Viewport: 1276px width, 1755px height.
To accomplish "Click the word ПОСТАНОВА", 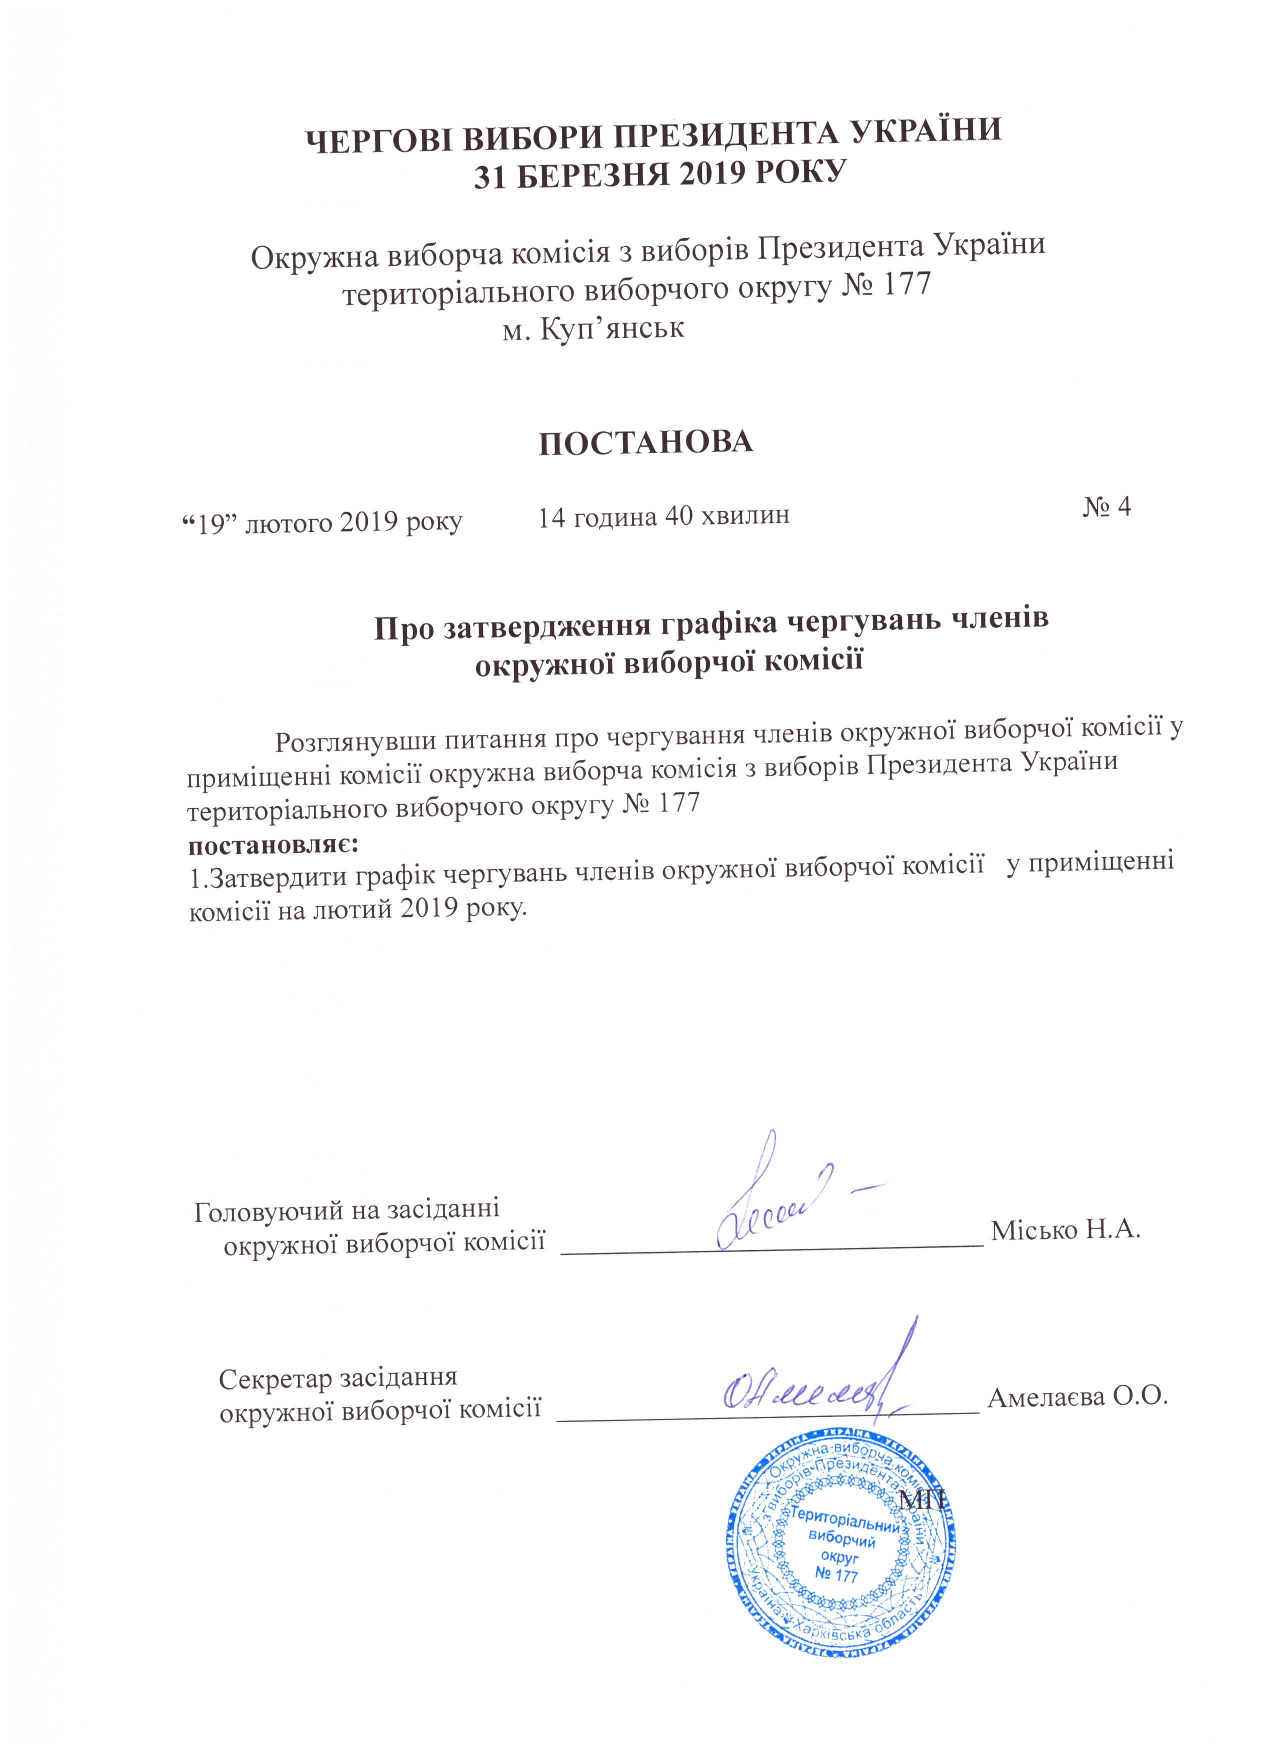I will [645, 442].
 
